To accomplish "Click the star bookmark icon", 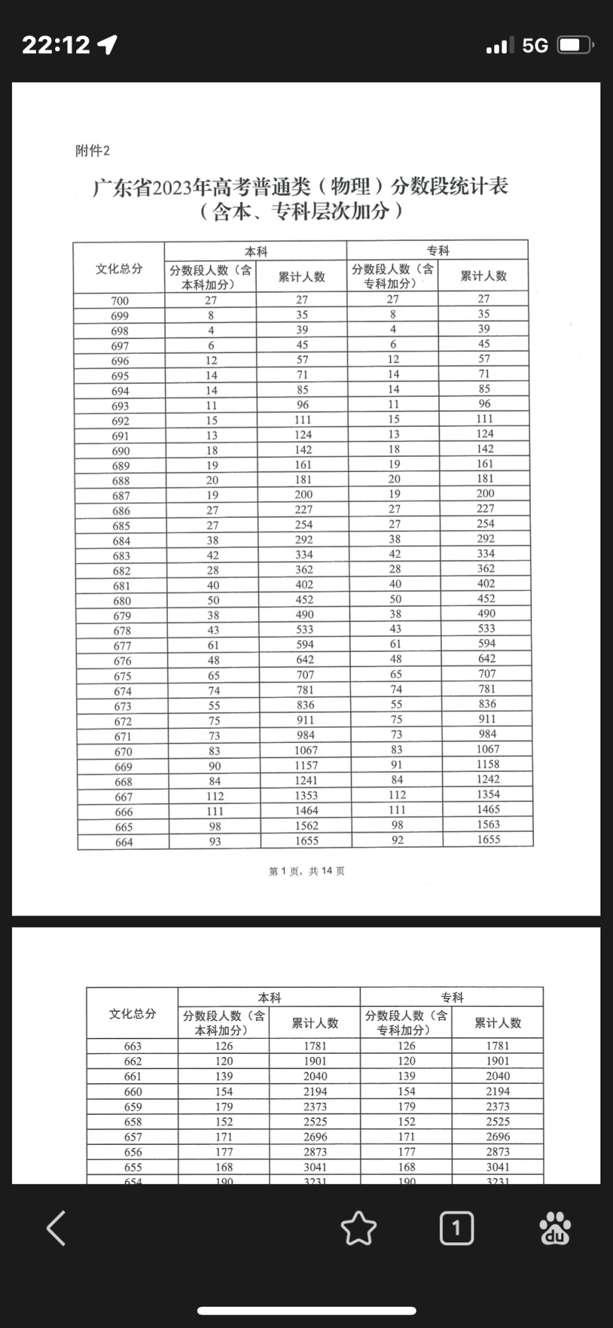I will pos(358,1228).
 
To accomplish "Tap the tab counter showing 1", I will pos(456,1228).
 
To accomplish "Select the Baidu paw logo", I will pos(555,1228).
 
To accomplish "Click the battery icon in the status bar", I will pos(575,45).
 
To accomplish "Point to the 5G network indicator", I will pos(535,45).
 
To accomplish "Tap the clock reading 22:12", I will pos(56,45).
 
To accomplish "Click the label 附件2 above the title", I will pos(92,151).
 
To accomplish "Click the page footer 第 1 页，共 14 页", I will pos(306,871).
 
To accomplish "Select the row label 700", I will pos(119,301).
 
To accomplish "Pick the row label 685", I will pos(121,526).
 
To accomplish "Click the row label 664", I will pos(124,842).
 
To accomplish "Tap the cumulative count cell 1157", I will pos(306,766).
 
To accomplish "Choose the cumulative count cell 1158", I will pos(488,764).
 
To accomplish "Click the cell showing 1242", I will pos(488,780).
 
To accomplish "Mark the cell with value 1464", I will pos(306,811).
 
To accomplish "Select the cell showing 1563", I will pos(488,825).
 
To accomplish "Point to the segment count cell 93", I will pos(215,841).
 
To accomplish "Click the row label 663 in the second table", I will pos(133,1046).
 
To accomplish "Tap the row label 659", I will pos(133,1107).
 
